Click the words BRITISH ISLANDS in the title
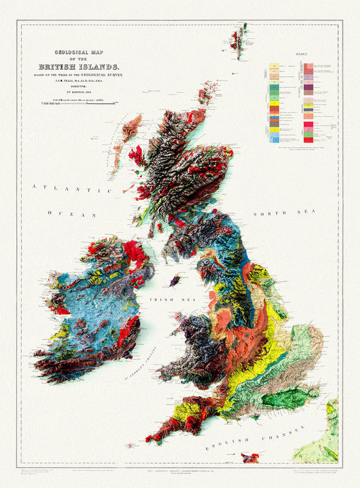coord(79,66)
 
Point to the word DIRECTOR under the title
coord(79,87)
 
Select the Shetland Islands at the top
coord(238,38)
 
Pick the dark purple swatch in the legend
coord(307,87)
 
